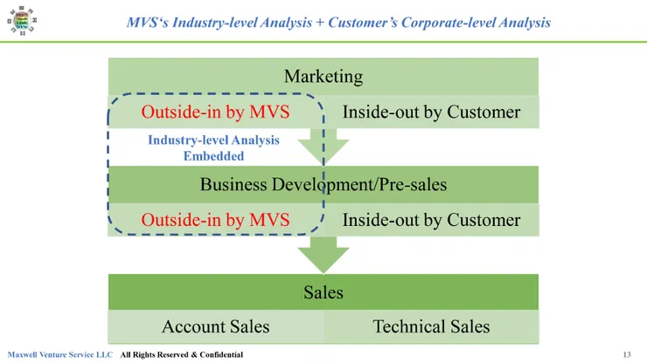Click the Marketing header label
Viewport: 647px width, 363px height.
tap(323, 77)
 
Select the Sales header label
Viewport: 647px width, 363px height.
tap(323, 292)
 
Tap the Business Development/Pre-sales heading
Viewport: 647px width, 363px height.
tap(323, 184)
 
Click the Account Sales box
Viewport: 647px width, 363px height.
tap(216, 326)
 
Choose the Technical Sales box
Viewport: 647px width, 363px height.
tap(431, 326)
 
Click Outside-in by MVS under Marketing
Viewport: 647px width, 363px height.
tap(215, 113)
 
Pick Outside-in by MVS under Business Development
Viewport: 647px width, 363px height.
tap(215, 220)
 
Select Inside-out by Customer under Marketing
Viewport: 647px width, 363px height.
tap(431, 113)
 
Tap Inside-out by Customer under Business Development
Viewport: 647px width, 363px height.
tap(431, 220)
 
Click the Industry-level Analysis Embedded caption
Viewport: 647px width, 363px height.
tap(213, 148)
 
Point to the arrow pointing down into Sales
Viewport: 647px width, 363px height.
tap(323, 255)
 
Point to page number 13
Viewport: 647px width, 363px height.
tap(627, 354)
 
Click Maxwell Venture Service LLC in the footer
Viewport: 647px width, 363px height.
tap(60, 354)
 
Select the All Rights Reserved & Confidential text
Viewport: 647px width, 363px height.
tap(182, 354)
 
